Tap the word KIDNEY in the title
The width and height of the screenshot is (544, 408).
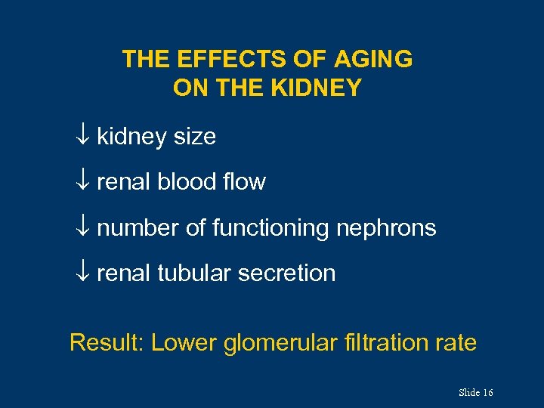(318, 88)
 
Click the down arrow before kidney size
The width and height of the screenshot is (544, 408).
(83, 137)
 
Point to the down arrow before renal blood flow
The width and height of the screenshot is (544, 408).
(83, 182)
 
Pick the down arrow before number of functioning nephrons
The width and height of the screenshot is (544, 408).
(83, 227)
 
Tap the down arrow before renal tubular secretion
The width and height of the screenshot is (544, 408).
(83, 273)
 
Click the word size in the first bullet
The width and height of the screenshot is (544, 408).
(195, 137)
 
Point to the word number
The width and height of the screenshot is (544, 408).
(138, 227)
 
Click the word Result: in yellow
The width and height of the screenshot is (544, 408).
(107, 342)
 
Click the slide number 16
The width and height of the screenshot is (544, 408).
(487, 393)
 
